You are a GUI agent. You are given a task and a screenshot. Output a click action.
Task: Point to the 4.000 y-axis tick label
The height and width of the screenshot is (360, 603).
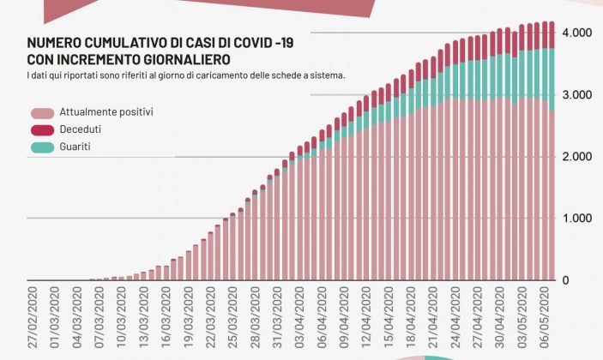576,33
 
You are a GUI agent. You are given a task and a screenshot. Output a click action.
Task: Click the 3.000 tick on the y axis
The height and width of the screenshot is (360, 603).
576,94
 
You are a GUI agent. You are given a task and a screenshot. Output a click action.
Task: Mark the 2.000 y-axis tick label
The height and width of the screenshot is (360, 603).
576,157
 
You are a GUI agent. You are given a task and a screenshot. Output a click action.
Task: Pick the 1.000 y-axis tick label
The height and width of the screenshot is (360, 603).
576,219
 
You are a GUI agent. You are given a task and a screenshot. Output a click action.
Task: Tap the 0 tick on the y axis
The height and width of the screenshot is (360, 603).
566,280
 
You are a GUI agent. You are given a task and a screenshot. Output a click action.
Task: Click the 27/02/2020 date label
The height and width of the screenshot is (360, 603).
32,317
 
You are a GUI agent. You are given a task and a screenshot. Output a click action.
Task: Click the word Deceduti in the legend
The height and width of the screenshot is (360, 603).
79,130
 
